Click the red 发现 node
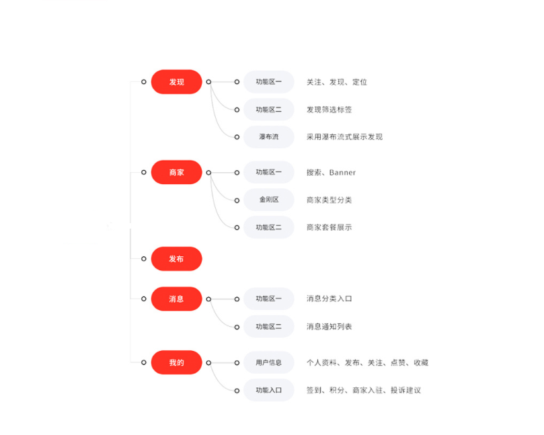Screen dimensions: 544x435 pos(176,82)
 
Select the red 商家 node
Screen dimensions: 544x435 pos(176,172)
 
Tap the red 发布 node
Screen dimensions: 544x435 pos(176,259)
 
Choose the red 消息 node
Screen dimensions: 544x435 pos(176,299)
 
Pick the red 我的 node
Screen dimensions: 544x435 pos(176,362)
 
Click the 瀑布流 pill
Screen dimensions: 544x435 pos(268,137)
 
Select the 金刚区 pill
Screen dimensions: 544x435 pos(268,200)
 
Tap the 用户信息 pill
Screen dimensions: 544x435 pos(268,362)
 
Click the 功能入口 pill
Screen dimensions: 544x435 pos(268,390)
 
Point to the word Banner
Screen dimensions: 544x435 pos(342,172)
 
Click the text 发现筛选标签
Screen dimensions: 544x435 pos(329,110)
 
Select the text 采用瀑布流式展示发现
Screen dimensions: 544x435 pos(344,137)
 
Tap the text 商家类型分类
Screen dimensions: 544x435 pos(329,200)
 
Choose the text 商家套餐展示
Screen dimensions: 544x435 pos(329,227)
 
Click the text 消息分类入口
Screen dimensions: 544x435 pos(329,299)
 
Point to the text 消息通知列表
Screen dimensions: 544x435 pos(329,327)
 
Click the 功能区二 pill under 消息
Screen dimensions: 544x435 pos(268,327)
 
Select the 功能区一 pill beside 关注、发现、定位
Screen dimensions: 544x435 pos(268,82)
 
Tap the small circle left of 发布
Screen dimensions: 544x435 pos(144,259)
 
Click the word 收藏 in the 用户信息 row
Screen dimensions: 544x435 pos(421,363)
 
